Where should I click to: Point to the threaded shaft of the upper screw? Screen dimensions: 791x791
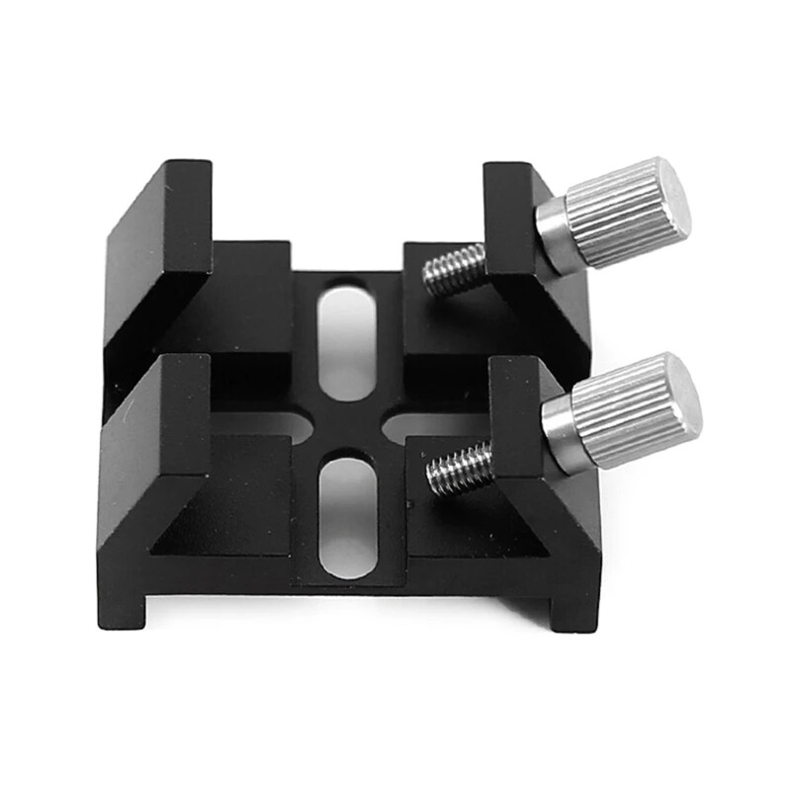point(456,270)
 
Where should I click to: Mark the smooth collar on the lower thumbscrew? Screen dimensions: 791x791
point(560,434)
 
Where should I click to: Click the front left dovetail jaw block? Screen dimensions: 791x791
point(153,455)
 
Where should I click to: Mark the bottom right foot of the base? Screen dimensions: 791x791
point(573,608)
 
